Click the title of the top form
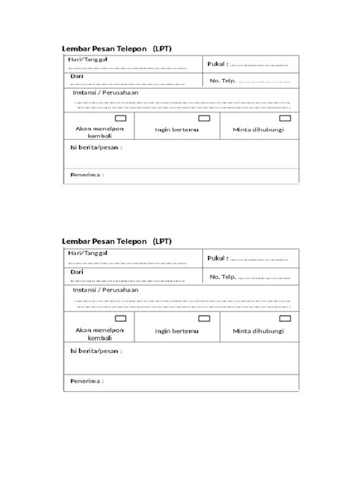point(117,49)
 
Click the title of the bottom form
point(117,242)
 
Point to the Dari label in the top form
point(76,77)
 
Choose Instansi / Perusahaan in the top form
point(105,93)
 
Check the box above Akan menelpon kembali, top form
point(120,119)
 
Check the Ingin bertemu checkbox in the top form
point(204,119)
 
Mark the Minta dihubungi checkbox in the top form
point(285,119)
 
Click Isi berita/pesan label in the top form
point(95,148)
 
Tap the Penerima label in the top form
point(87,175)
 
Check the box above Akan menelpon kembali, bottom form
point(120,317)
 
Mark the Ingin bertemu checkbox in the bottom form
point(204,317)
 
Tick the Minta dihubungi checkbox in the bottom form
point(285,317)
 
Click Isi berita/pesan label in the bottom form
point(95,351)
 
